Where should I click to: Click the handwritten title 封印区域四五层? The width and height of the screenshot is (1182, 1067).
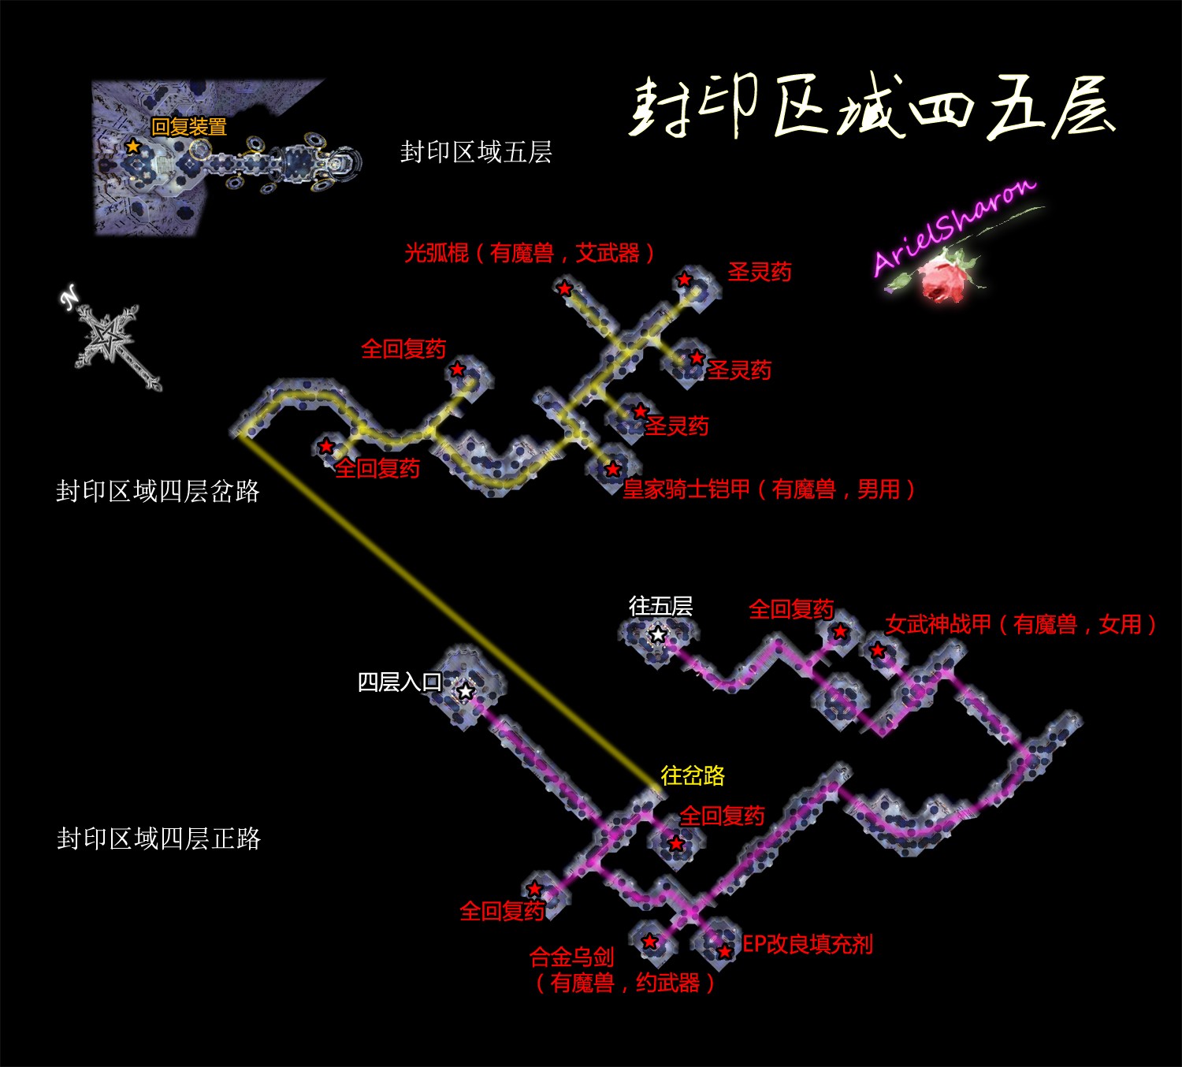point(871,108)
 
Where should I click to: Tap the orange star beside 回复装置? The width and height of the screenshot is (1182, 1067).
point(133,147)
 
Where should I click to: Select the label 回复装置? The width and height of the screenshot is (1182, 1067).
point(189,127)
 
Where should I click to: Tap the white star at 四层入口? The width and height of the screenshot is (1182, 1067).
point(466,692)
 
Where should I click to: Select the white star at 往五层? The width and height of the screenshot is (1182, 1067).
point(657,634)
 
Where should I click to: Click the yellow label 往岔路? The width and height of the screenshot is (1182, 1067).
point(693,775)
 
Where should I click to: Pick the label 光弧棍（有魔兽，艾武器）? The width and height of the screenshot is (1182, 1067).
point(530,253)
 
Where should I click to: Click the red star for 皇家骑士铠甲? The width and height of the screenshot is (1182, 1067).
point(613,470)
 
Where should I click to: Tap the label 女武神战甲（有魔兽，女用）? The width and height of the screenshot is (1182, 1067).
point(1020,625)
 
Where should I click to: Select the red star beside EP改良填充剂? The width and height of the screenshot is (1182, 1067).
point(724,952)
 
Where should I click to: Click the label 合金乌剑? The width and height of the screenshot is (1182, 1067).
point(571,957)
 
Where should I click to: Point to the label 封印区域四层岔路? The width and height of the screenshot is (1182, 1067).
point(158,492)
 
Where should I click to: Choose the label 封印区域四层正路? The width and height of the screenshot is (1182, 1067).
point(158,838)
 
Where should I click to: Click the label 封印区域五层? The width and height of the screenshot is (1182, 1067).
point(476,152)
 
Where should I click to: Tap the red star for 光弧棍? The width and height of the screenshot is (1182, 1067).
point(564,288)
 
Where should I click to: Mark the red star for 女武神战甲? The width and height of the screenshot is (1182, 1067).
point(877,651)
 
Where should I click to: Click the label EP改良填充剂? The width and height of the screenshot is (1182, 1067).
point(808,944)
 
